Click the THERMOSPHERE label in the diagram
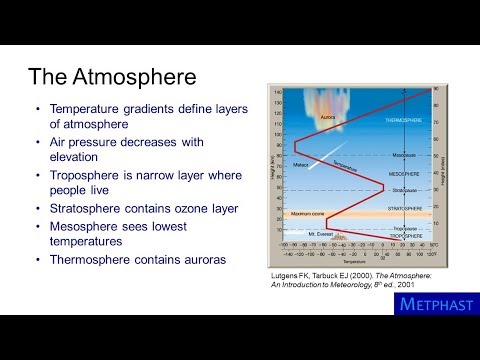point(405,119)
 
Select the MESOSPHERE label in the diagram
point(405,173)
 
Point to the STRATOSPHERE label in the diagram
point(405,208)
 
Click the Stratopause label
point(405,187)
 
